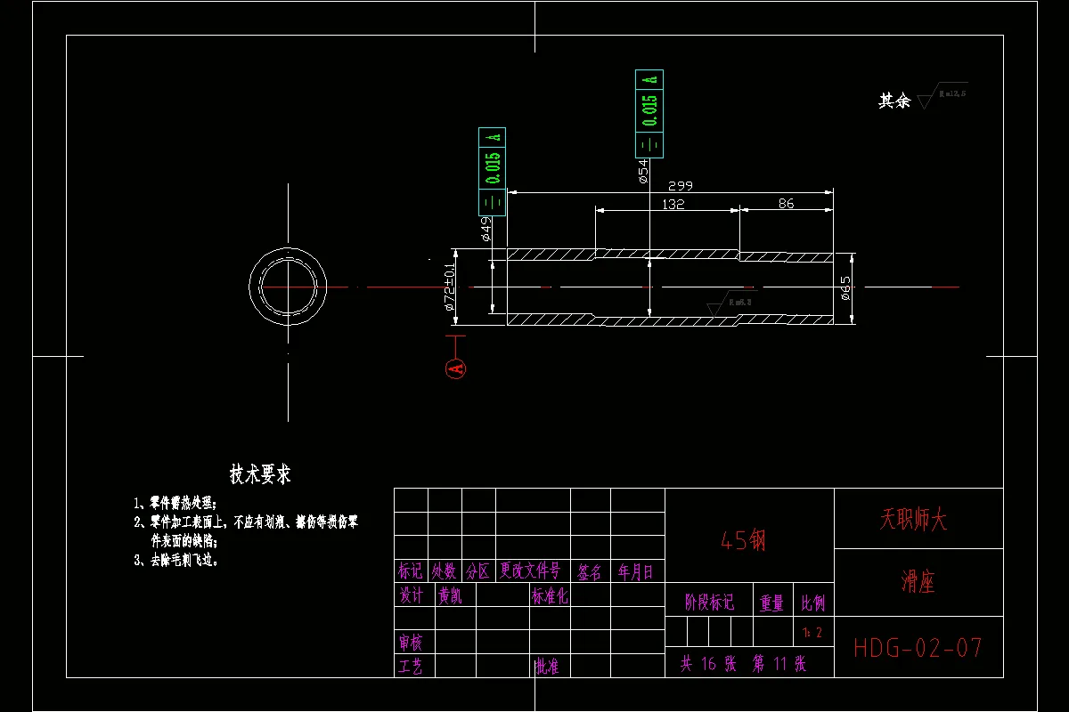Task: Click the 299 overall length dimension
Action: [x=680, y=186]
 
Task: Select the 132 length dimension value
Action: [x=673, y=204]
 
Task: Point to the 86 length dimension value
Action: [x=786, y=204]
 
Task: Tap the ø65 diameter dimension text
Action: [x=845, y=288]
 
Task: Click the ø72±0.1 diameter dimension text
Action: [x=450, y=287]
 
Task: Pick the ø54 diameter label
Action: [x=642, y=172]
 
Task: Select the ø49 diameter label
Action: [x=486, y=230]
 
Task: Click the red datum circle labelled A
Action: [x=456, y=368]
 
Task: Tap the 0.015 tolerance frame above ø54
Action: [x=649, y=114]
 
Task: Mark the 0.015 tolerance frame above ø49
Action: [x=492, y=172]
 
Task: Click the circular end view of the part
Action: [x=288, y=287]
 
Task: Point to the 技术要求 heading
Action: [x=260, y=474]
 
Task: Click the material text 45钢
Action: [x=743, y=540]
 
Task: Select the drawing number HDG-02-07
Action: [x=918, y=647]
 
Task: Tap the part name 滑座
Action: [x=918, y=583]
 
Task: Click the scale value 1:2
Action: [x=812, y=633]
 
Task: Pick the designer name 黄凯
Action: [x=450, y=596]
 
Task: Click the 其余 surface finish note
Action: [x=894, y=101]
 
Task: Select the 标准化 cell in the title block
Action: [x=550, y=596]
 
